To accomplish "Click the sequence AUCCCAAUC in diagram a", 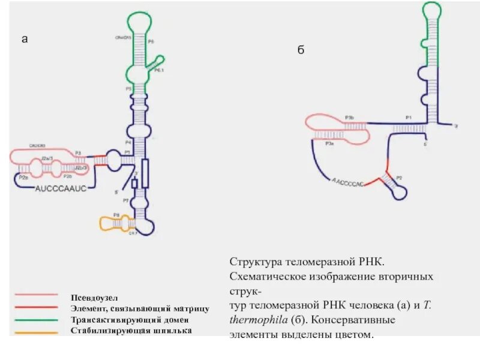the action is click(62, 188).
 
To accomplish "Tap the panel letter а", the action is click(25, 40).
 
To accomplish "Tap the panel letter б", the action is click(301, 50).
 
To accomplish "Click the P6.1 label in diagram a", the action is click(160, 70).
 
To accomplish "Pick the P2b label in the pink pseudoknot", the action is click(68, 178).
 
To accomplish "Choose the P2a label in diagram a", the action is click(24, 178).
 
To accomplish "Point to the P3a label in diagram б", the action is click(329, 145).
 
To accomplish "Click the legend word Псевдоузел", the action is click(95, 297).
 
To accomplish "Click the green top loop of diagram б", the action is click(430, 9).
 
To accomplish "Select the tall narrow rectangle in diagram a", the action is click(145, 173).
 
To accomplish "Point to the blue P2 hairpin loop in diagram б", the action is click(398, 191).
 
